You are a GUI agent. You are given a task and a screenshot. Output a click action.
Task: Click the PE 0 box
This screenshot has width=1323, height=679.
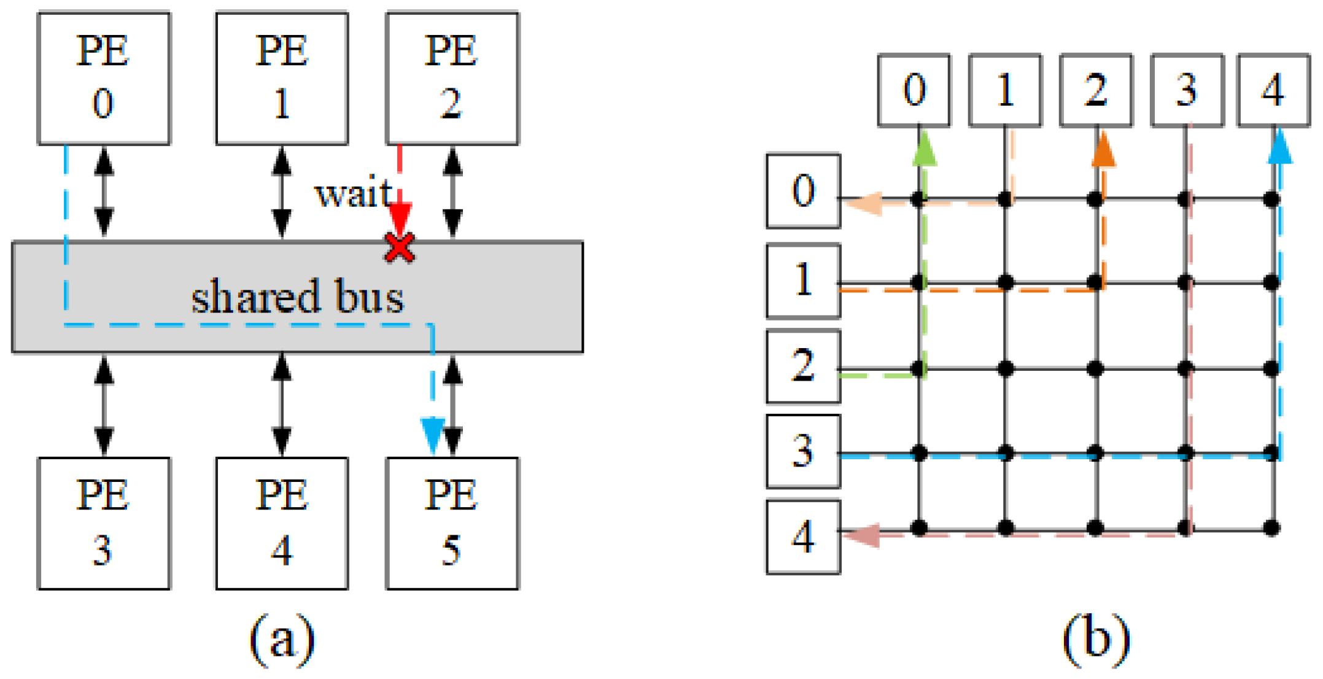coord(103,78)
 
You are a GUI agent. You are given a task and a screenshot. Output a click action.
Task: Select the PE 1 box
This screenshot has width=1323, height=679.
coord(282,78)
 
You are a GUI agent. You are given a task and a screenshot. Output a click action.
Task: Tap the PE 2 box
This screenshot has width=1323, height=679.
coord(452,78)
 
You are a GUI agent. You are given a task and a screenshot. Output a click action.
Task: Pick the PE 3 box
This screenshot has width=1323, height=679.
coord(103,523)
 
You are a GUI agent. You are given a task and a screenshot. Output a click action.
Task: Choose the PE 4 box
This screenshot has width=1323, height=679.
coord(282,523)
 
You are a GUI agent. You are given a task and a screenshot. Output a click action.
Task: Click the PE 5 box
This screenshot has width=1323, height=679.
coord(452,523)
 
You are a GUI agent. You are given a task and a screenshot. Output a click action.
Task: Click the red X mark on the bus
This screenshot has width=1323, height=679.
coord(400,247)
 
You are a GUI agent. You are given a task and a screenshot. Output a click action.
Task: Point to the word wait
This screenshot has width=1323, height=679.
coord(353,194)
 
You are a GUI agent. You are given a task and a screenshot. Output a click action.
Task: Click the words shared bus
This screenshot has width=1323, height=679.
coord(298,297)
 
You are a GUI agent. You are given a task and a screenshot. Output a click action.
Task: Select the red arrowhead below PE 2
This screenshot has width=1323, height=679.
coord(400,217)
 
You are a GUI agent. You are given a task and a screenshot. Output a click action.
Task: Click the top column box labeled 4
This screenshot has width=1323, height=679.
coord(1273,90)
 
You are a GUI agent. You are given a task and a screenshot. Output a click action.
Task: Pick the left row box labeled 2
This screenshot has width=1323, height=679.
coord(803,366)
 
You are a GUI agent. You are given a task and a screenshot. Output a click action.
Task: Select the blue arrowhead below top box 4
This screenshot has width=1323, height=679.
coord(1280,149)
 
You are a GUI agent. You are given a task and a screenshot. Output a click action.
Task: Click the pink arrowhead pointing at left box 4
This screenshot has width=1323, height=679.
coord(863,535)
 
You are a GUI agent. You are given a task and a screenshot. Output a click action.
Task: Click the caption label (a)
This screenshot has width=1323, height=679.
coord(282,639)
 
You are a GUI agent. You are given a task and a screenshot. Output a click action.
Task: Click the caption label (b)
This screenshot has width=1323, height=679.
coord(1096,639)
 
